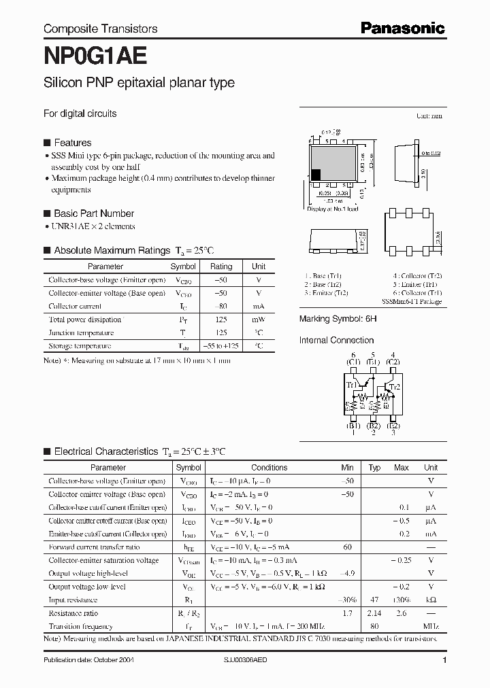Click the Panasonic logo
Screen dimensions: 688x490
402,28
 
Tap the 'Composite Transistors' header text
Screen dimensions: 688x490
100,29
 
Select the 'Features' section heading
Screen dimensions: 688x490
72,143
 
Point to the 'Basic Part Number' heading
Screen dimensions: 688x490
93,213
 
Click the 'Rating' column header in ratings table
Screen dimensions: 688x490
221,266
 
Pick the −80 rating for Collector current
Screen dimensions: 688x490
221,307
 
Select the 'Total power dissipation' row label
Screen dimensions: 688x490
85,320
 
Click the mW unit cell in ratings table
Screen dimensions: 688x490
259,320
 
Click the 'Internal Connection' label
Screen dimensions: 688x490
337,340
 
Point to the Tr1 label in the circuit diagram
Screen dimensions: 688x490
351,385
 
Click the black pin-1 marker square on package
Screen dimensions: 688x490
316,174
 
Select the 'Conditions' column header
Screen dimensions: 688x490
269,468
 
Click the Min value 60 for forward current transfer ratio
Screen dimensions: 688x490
348,547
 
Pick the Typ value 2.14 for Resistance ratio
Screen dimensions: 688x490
374,613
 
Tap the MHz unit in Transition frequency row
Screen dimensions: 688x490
431,627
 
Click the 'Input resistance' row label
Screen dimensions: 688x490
73,600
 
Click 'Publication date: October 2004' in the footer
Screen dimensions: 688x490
91,661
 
